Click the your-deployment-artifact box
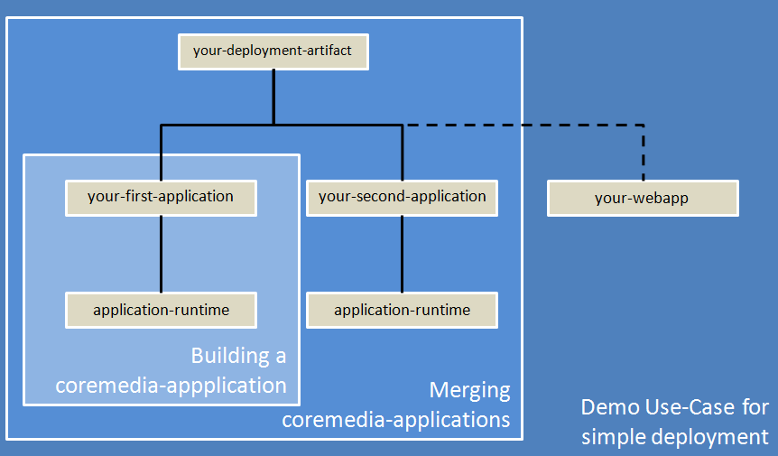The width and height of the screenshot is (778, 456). point(273,51)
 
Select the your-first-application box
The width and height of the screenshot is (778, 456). point(161,197)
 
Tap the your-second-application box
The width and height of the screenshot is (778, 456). point(402,197)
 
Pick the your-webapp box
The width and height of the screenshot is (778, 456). point(643,199)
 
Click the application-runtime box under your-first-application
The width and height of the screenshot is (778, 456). point(161,311)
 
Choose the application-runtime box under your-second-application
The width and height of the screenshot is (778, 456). point(402,311)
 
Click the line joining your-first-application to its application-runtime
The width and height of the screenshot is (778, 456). point(161,254)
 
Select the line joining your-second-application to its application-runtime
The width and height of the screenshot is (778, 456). point(402,254)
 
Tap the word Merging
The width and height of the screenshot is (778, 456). point(469,391)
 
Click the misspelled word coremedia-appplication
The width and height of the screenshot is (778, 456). point(171,386)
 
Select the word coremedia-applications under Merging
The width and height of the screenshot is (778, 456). point(396,420)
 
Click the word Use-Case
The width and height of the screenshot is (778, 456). point(688,407)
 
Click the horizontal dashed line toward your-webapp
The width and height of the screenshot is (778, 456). point(523,124)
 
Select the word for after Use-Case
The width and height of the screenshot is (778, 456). point(755,407)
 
